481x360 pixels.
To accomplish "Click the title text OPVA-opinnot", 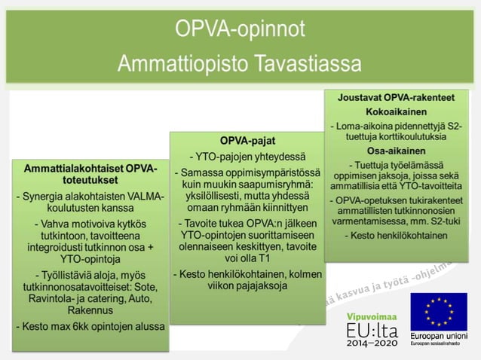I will (x=240, y=29).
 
